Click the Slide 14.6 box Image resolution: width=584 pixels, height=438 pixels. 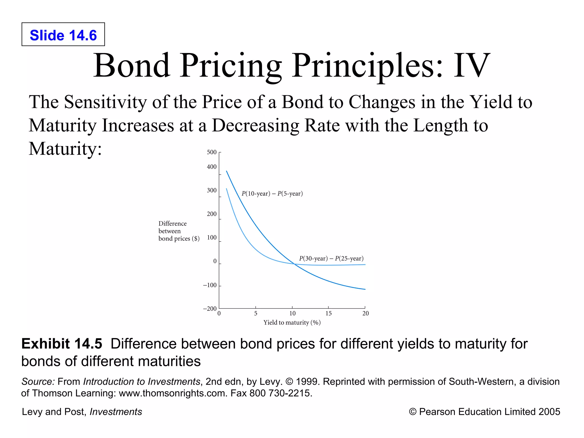[63, 35]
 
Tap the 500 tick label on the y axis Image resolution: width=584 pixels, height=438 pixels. [212, 152]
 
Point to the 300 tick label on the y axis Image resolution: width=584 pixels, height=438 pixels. [212, 190]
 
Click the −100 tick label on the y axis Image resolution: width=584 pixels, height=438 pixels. [210, 285]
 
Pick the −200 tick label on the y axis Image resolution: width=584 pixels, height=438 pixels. [210, 309]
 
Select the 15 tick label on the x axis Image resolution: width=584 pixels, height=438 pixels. [328, 314]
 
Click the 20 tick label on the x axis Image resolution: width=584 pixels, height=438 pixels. [366, 314]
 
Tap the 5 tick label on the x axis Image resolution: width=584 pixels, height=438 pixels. [256, 314]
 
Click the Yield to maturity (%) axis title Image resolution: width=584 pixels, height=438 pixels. [292, 323]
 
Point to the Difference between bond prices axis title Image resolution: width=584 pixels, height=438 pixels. [179, 231]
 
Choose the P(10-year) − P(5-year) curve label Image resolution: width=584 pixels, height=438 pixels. [272, 194]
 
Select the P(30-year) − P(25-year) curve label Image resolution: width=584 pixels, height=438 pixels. [331, 259]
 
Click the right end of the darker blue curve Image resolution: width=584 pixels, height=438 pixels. [365, 289]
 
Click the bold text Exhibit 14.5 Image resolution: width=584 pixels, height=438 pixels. [62, 344]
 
